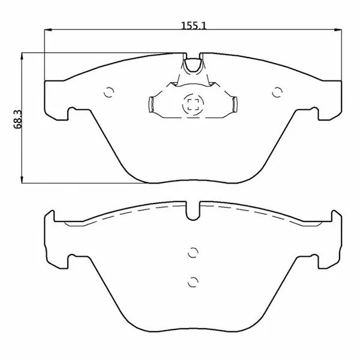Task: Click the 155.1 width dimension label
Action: tap(194, 25)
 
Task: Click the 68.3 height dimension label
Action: tap(17, 119)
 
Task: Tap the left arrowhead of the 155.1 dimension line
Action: tap(48, 29)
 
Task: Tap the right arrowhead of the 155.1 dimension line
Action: tap(338, 29)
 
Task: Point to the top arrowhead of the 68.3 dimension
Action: tap(22, 56)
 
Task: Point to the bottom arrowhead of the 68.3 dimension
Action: tap(22, 180)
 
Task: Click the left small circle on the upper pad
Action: tap(109, 92)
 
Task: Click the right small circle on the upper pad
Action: tap(277, 92)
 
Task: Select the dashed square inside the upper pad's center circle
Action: tap(193, 104)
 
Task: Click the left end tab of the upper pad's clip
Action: tap(151, 104)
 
